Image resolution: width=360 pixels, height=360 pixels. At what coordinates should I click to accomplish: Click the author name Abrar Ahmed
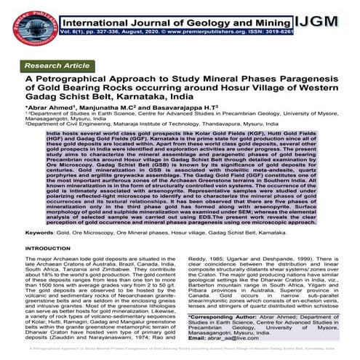click(x=52, y=105)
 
